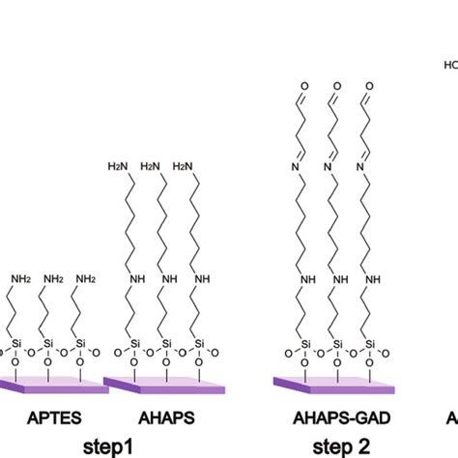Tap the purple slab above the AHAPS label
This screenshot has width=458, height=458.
click(159, 385)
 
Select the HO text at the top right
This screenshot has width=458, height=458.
click(450, 67)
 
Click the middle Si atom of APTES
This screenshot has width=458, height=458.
click(50, 342)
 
